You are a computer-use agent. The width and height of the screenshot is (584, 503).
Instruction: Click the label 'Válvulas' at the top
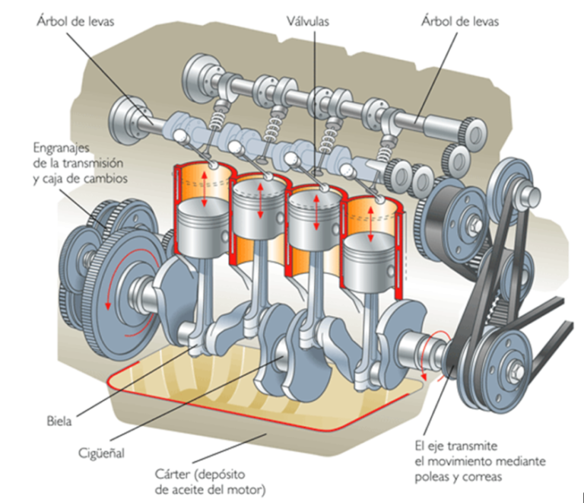(x=308, y=21)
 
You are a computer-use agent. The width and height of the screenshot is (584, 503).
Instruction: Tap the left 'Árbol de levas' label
(x=75, y=21)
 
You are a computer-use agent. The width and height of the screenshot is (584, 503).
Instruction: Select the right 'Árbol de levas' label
(x=459, y=21)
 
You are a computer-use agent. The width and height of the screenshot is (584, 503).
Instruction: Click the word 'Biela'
(x=59, y=422)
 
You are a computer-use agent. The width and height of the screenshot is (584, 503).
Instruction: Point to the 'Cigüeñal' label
(x=101, y=453)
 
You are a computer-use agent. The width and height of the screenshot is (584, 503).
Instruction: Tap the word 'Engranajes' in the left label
(x=62, y=148)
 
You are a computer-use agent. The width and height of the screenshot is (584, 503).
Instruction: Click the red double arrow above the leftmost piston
(x=204, y=189)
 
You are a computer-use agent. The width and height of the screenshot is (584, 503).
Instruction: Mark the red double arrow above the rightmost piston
(x=370, y=224)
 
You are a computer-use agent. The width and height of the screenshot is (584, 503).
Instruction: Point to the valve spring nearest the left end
(x=216, y=119)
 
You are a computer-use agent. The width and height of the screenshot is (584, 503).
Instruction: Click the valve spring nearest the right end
(x=383, y=153)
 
